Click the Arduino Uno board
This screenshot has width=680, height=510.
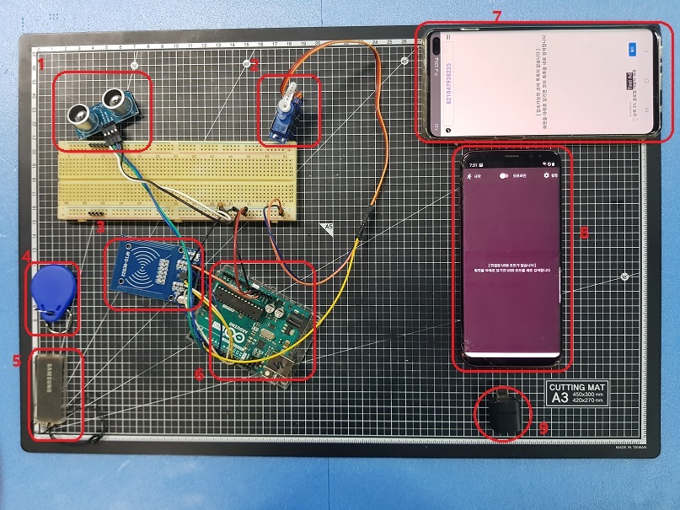(257, 320)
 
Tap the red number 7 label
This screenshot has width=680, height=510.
(496, 16)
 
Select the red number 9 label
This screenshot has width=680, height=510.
(543, 428)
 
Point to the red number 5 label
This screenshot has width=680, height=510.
(16, 361)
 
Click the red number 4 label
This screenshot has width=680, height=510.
(25, 255)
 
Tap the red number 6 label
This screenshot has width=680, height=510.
(199, 373)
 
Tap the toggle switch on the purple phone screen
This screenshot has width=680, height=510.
(506, 175)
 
